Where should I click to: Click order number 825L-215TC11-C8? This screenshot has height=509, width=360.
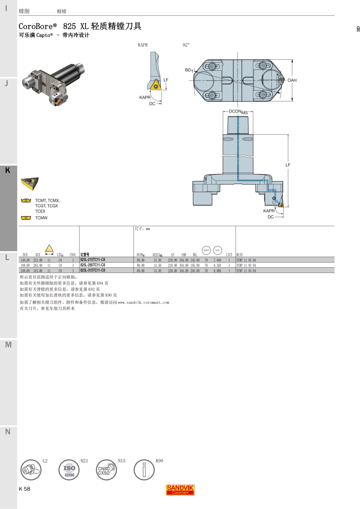pos(93,260)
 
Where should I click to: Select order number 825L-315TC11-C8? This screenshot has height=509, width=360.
pos(93,270)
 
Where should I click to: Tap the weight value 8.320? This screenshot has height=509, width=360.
pos(217,265)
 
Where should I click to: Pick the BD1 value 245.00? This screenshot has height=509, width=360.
pos(195,271)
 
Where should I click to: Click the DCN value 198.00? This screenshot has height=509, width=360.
pos(25,265)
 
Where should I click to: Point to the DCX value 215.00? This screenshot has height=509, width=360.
pos(38,260)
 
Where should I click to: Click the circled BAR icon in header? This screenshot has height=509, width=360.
pos(206,250)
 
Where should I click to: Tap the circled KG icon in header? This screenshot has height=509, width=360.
pos(217,250)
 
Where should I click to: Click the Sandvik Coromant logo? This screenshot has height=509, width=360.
pos(180,490)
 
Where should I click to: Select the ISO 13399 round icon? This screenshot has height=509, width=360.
pos(69,470)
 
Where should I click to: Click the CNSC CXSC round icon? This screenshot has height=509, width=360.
pos(106,470)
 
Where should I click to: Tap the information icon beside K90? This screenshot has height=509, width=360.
pos(144,470)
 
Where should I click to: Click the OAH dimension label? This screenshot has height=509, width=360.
pos(292,80)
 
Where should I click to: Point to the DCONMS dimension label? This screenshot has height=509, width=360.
pos(238,112)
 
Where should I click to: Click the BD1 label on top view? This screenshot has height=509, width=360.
pos(189,70)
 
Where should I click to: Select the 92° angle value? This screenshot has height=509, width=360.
pos(186,45)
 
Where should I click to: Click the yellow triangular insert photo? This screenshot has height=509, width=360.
pos(30,183)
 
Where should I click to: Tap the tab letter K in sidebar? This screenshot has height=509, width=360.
pos(8,170)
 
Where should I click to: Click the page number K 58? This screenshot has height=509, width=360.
pos(25,489)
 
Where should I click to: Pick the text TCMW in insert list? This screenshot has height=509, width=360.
pos(41,218)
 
